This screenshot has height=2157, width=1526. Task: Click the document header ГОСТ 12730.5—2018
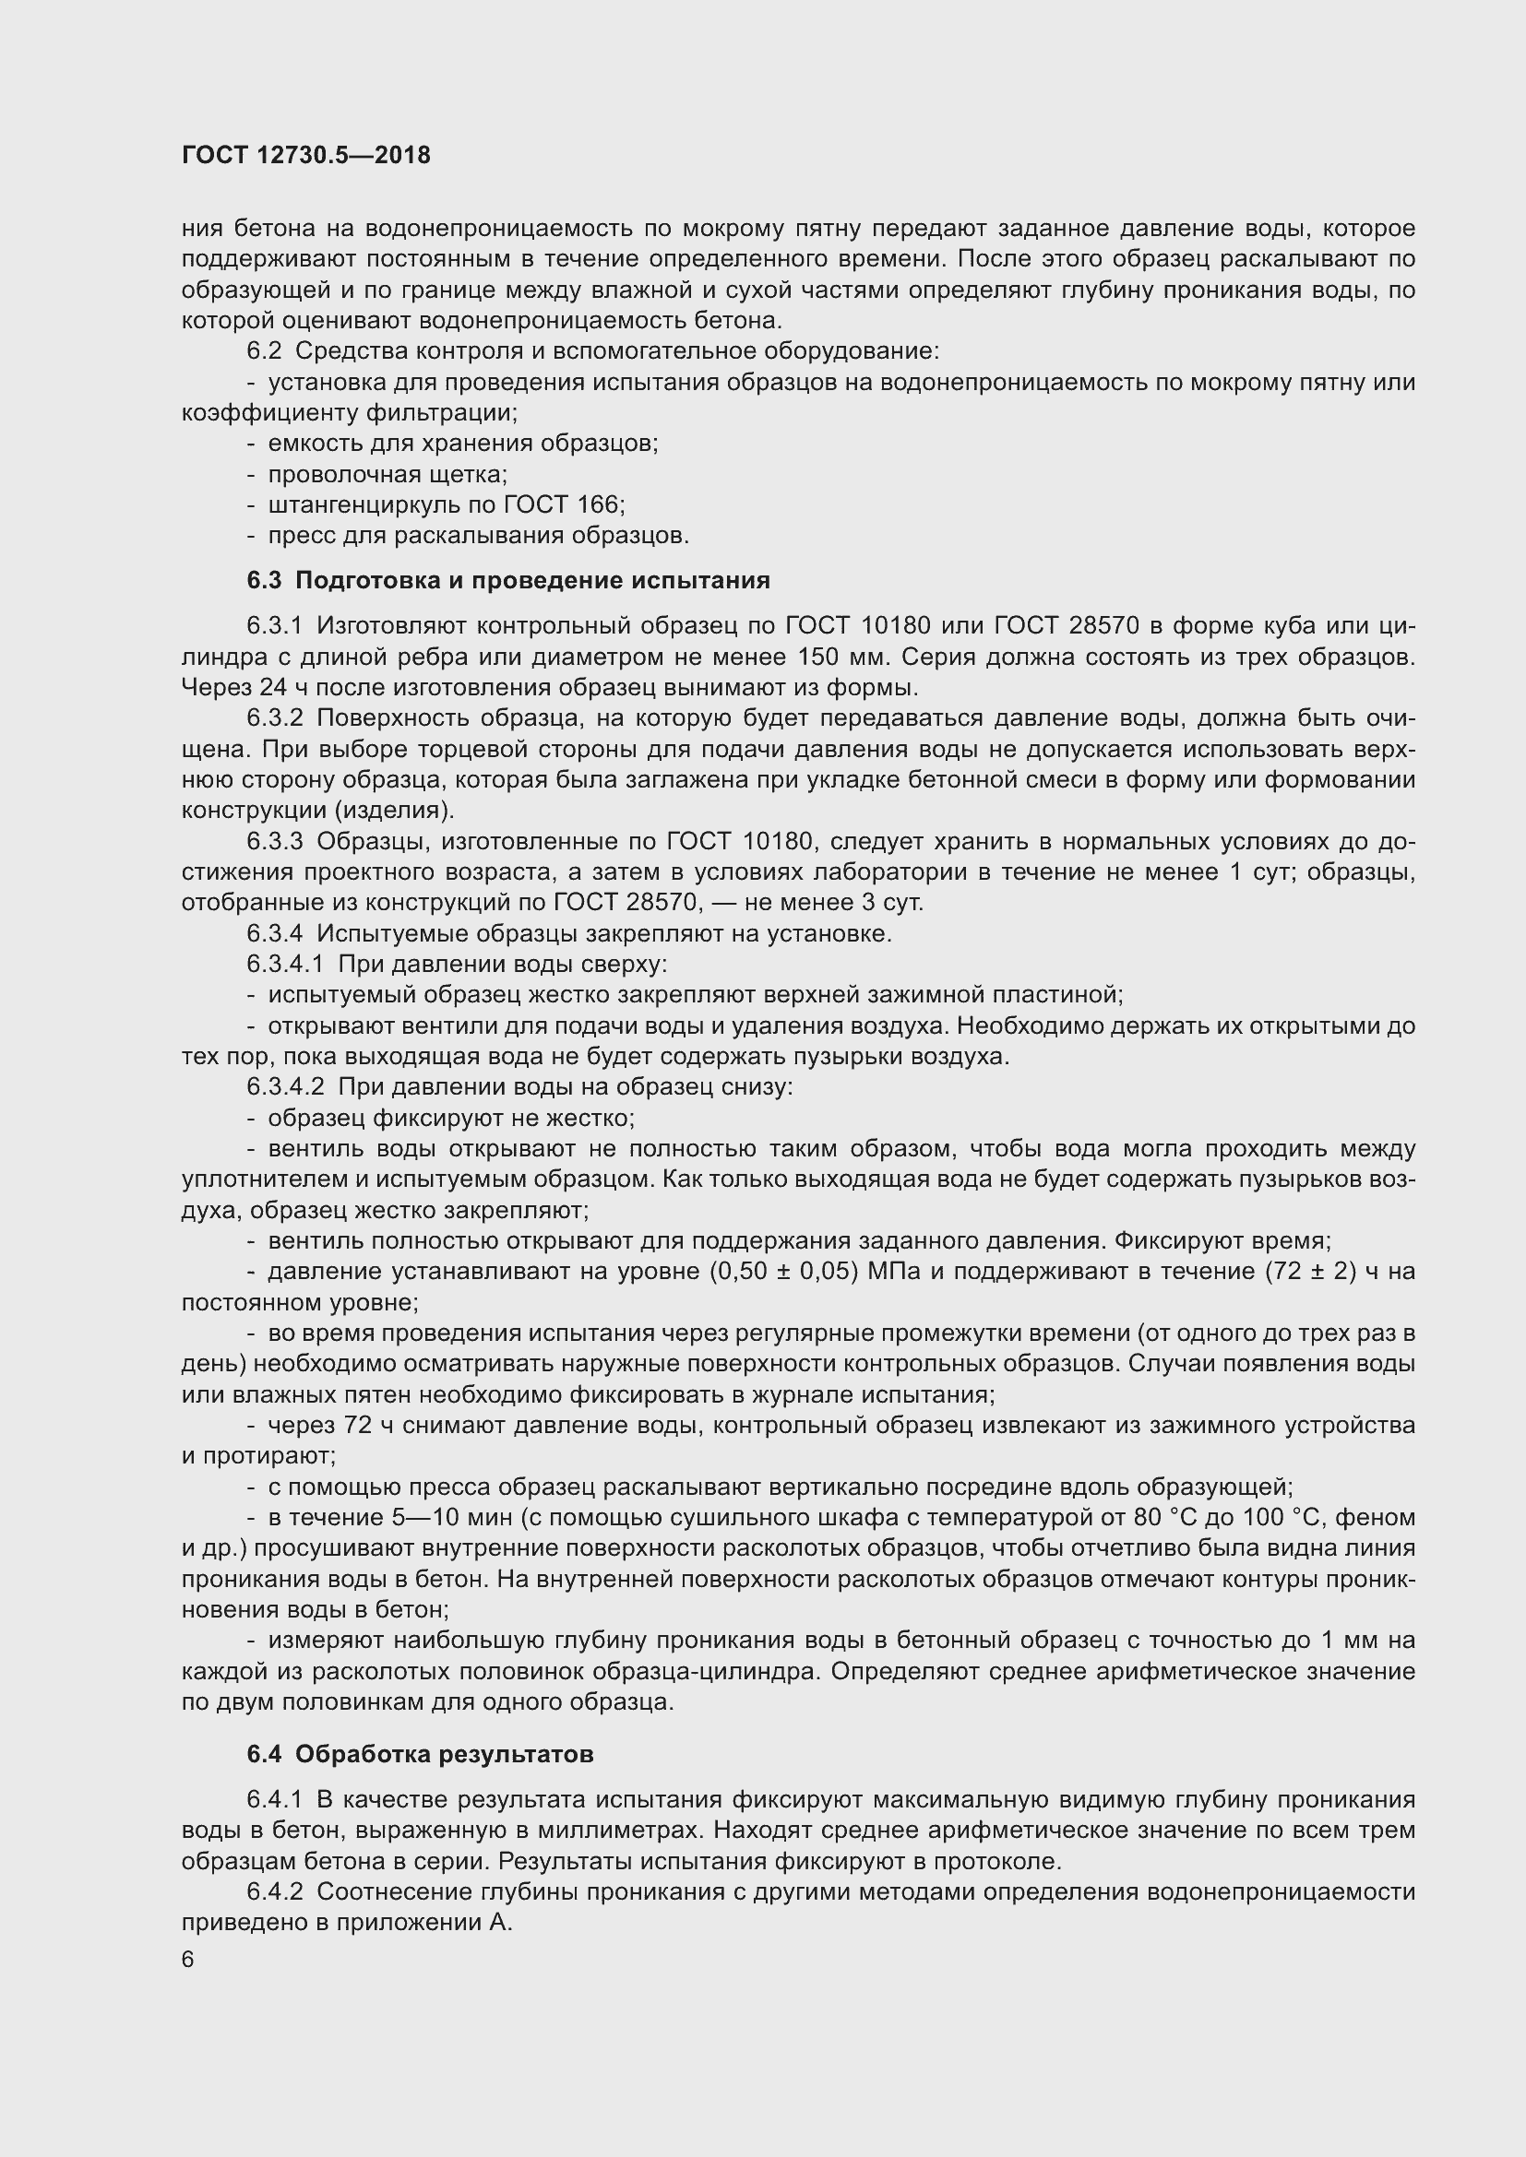pyautogui.click(x=305, y=155)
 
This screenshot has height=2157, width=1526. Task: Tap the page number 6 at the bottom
pyautogui.click(x=188, y=1960)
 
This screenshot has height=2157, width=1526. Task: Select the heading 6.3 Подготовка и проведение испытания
pyautogui.click(x=508, y=581)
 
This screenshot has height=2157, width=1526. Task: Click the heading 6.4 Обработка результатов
pyautogui.click(x=420, y=1754)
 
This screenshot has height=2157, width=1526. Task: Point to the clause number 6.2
pyautogui.click(x=264, y=351)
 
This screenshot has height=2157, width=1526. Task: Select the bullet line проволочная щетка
pyautogui.click(x=387, y=474)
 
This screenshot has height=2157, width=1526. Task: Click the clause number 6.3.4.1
pyautogui.click(x=286, y=964)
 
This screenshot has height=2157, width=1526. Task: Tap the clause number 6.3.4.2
pyautogui.click(x=286, y=1087)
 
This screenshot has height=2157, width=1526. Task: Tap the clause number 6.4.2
pyautogui.click(x=275, y=1892)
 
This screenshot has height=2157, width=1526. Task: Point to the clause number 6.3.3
pyautogui.click(x=275, y=841)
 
